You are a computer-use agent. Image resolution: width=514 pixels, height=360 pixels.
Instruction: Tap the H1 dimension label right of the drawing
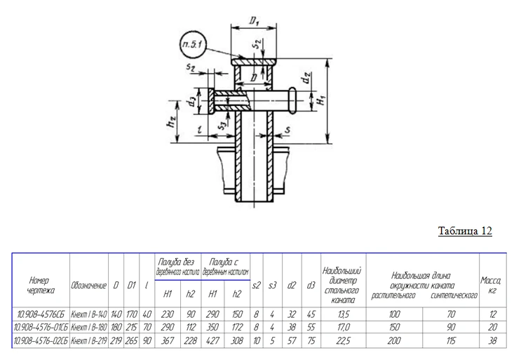320,100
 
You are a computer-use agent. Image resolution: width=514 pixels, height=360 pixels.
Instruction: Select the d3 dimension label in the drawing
191,102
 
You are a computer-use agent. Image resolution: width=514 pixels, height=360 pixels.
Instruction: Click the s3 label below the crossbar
222,126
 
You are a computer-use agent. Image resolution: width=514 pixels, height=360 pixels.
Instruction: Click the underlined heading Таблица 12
465,232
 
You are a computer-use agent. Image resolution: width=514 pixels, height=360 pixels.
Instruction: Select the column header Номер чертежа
40,285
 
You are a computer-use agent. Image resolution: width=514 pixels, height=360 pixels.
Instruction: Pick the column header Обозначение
88,285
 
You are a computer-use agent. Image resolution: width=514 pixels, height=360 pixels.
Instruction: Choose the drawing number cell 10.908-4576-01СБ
40,327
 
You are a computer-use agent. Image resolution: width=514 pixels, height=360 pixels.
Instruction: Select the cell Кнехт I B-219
88,340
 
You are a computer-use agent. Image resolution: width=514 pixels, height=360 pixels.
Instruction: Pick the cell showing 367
168,340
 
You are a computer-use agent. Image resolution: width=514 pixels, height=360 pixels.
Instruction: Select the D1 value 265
130,340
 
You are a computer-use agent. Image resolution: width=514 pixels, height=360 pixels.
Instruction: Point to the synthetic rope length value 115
451,340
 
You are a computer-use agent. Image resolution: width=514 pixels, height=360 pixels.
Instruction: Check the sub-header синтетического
451,295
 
